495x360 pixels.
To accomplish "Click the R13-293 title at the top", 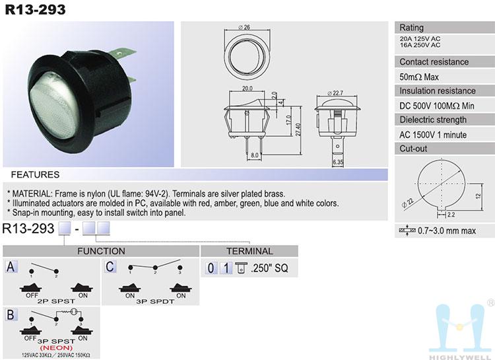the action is tap(36, 9).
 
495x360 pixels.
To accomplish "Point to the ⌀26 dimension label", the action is tap(244, 27).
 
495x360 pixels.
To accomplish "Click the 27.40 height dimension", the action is tap(298, 129).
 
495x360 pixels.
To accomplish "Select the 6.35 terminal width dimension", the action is tap(337, 162).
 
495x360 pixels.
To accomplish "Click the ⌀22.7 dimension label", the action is tap(335, 93).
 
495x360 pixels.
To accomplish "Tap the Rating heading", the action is tap(411, 28).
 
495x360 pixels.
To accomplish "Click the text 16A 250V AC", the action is tap(420, 45).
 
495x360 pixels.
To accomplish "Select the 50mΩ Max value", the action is tap(419, 77).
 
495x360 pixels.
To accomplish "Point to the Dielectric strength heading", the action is tap(433, 120).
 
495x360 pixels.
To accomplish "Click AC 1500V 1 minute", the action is tap(433, 135).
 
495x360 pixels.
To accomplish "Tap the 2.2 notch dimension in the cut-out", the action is tap(451, 215).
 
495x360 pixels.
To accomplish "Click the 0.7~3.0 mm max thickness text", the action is tap(447, 231).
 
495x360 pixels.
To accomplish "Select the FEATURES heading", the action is tap(35, 174).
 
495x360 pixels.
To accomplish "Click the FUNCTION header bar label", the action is tap(101, 251).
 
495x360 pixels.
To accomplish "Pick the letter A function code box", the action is tap(11, 267).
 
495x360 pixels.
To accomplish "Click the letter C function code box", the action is tap(110, 267).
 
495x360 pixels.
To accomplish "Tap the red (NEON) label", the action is tap(56, 348).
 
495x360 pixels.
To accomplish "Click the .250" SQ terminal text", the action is tap(269, 268).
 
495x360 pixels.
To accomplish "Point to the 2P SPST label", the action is tap(56, 301).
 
